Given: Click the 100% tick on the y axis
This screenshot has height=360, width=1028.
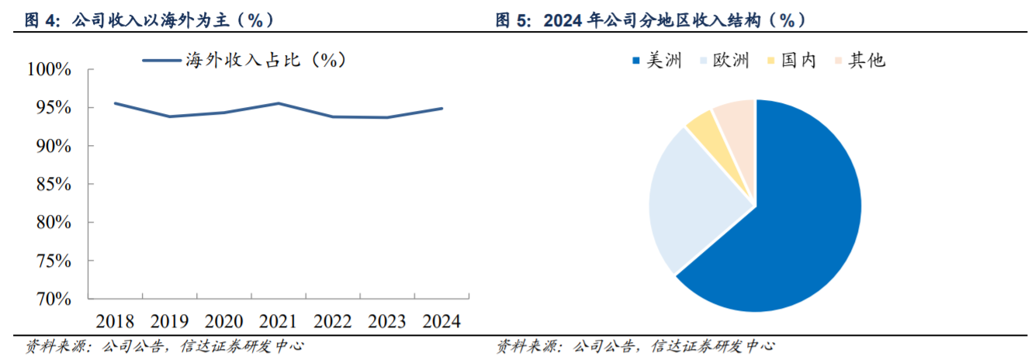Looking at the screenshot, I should (49, 70).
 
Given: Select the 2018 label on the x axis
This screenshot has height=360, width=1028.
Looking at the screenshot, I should (115, 321).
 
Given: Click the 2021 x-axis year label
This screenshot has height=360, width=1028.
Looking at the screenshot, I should (279, 321).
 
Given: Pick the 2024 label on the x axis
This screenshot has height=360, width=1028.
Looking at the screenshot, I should (441, 321).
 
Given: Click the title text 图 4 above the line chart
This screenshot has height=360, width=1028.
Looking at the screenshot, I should (147, 20).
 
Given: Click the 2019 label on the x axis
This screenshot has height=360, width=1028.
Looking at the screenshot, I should (169, 321).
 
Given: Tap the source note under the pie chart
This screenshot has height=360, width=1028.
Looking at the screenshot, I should (635, 346).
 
